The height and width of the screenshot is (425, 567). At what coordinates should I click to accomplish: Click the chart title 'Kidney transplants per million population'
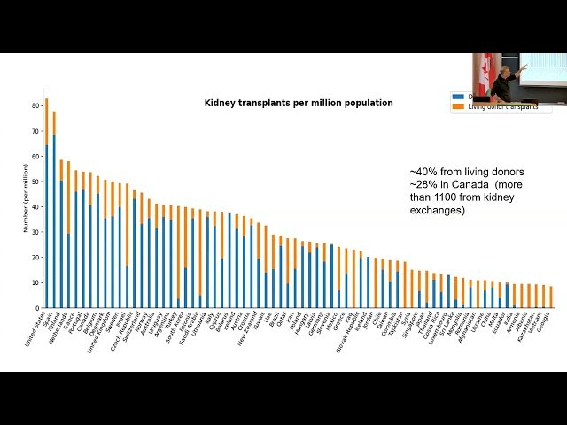299,103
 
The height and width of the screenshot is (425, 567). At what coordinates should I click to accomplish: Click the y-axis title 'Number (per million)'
27,202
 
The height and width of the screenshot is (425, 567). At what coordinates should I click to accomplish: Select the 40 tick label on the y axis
36,206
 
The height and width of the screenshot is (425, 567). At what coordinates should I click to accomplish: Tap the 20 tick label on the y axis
36,257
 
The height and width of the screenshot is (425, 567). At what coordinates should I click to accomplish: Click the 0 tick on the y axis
38,308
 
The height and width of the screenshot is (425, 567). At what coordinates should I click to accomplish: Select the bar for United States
47,204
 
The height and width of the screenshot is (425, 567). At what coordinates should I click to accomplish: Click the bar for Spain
54,210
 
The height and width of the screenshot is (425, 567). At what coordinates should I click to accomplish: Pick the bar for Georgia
551,297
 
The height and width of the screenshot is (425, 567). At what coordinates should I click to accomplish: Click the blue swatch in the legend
458,97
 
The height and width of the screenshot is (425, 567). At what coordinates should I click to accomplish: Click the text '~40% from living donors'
466,172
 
